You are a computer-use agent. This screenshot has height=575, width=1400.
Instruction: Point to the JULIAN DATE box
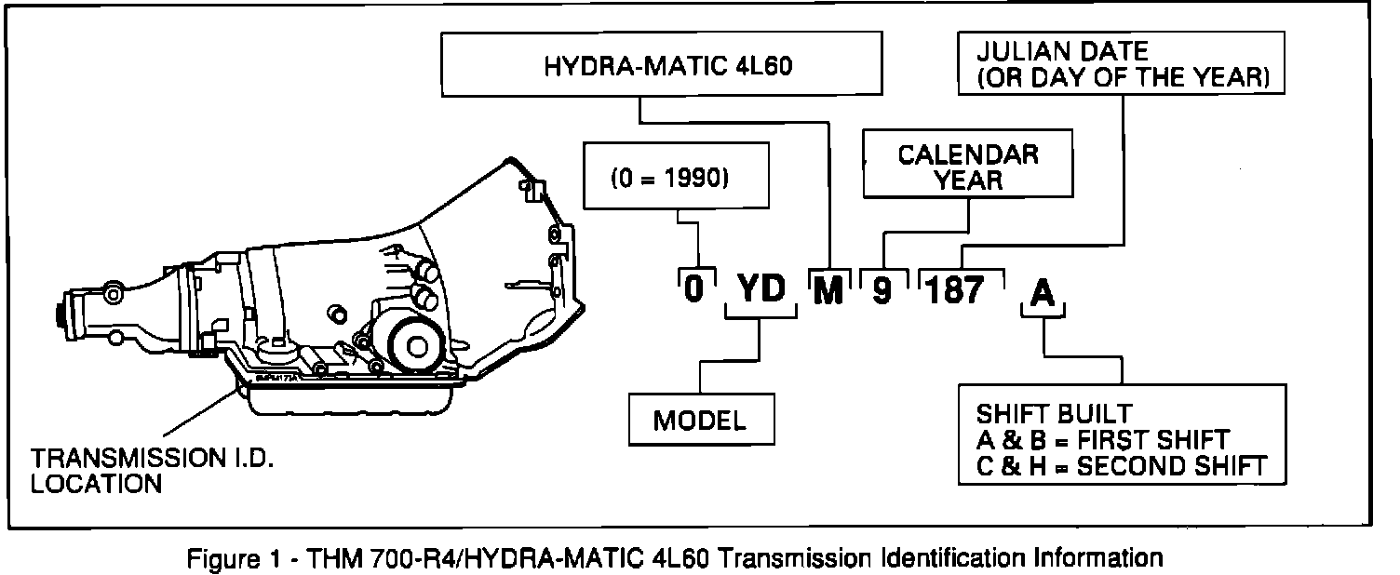tap(1119, 63)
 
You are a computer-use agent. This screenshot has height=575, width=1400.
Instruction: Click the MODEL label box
tap(701, 419)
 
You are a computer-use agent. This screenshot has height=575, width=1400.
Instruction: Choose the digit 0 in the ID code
tap(693, 291)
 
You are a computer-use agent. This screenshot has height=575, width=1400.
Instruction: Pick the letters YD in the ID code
tap(761, 291)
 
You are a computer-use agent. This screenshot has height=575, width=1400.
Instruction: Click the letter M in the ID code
tap(828, 291)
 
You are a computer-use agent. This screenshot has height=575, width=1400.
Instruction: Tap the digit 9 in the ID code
tap(882, 291)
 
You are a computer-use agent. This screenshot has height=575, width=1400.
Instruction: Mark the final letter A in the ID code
tap(1043, 293)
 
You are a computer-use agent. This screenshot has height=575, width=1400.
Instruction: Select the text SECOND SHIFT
tap(1172, 464)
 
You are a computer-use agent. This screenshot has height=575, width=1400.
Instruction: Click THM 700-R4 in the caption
tap(348, 558)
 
